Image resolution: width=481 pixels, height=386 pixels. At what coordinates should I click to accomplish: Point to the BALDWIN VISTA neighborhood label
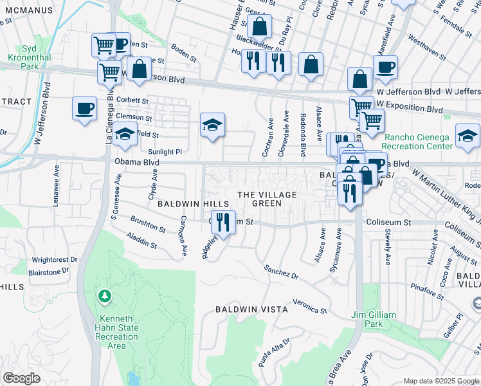251,309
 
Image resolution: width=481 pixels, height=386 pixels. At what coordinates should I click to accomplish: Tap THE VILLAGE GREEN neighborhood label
267,199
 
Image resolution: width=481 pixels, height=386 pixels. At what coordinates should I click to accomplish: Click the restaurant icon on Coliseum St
223,222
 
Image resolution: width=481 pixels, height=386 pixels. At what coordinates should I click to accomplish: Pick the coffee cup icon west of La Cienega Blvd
84,108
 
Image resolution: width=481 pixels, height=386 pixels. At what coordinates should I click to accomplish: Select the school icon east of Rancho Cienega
467,135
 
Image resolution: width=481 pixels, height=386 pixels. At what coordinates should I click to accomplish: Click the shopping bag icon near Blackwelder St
259,27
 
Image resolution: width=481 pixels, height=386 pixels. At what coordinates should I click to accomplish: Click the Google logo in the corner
21,378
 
